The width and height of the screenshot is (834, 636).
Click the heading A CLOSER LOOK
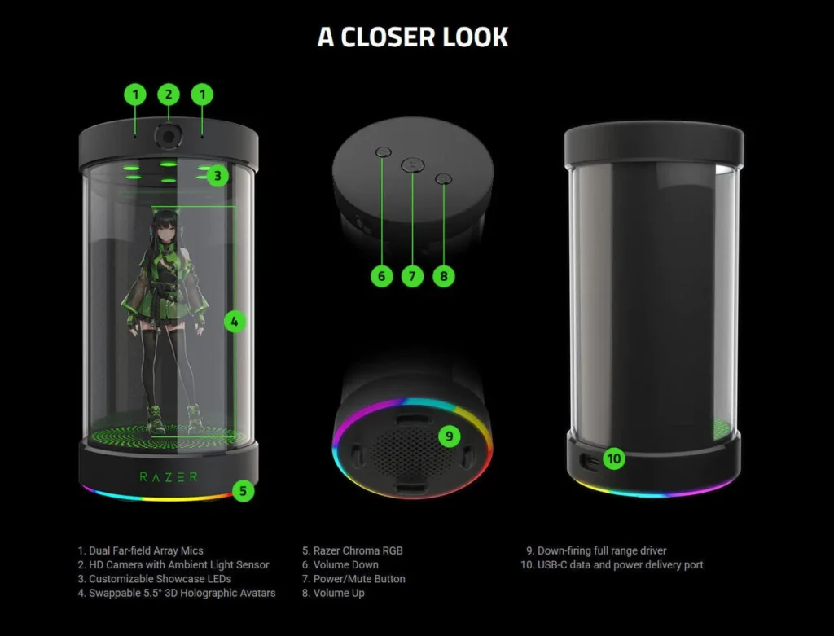[x=413, y=37]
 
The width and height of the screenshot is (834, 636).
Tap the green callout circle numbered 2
[x=169, y=94]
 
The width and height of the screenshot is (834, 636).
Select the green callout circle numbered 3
[x=217, y=175]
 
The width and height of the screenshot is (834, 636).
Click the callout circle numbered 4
[x=235, y=322]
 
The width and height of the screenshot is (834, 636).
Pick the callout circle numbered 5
[x=242, y=491]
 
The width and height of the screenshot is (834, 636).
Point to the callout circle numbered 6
[x=381, y=276]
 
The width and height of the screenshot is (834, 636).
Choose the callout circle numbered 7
[x=412, y=276]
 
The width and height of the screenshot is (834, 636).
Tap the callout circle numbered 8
[x=443, y=276]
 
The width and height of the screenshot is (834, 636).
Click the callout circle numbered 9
[x=449, y=436]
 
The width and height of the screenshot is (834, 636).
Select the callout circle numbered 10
[x=614, y=458]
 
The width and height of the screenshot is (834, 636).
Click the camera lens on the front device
[x=169, y=137]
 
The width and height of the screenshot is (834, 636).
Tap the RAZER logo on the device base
[x=168, y=476]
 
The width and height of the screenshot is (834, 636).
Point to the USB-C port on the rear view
[x=586, y=460]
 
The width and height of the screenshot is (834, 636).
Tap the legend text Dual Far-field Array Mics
[x=140, y=550]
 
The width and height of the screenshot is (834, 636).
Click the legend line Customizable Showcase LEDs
[x=154, y=579]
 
